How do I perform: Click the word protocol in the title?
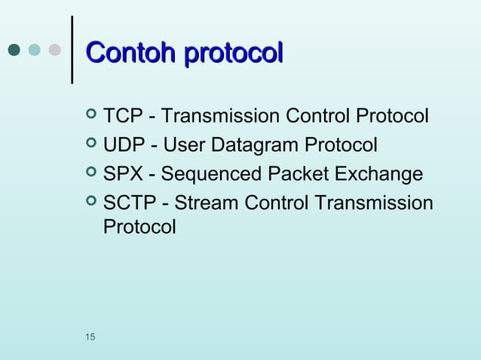(x=234, y=53)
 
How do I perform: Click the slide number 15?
(x=90, y=335)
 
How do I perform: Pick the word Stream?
(x=194, y=204)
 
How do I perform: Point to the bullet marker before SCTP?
(x=92, y=203)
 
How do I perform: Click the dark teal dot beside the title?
(x=14, y=50)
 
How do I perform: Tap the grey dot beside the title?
(x=54, y=50)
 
